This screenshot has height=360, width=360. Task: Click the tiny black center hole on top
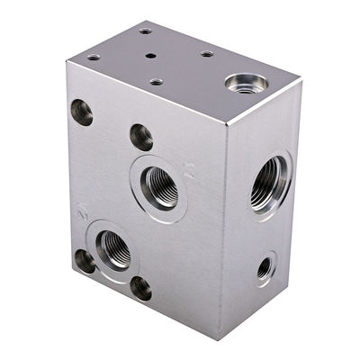click(x=149, y=54)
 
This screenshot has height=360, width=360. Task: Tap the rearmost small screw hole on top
click(x=145, y=31)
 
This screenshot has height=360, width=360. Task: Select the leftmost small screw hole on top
click(x=93, y=58)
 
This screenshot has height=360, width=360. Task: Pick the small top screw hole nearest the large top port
click(x=207, y=54)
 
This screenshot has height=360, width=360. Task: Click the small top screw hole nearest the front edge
click(x=156, y=82)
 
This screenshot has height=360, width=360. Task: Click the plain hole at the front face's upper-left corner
click(x=82, y=112)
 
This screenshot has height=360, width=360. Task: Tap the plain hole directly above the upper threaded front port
click(x=141, y=137)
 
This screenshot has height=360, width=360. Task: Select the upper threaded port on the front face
click(x=160, y=185)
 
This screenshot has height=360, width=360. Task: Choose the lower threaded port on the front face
click(x=112, y=247)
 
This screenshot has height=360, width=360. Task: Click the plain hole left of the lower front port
click(x=84, y=261)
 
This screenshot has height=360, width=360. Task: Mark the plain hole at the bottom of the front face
click(x=140, y=288)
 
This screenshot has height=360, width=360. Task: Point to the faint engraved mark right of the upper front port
click(x=190, y=168)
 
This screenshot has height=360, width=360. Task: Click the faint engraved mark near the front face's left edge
click(x=83, y=212)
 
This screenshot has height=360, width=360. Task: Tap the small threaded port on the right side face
click(x=264, y=267)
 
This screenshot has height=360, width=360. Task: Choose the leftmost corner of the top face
click(x=65, y=62)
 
